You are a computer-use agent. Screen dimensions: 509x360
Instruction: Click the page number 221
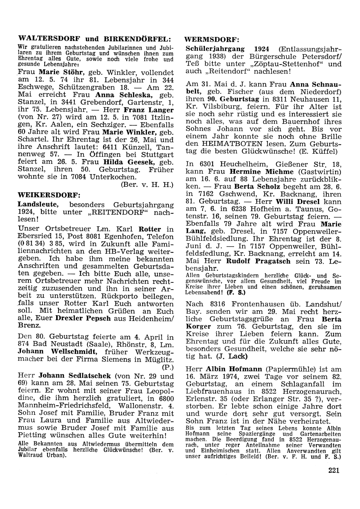pyautogui.click(x=334, y=470)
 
